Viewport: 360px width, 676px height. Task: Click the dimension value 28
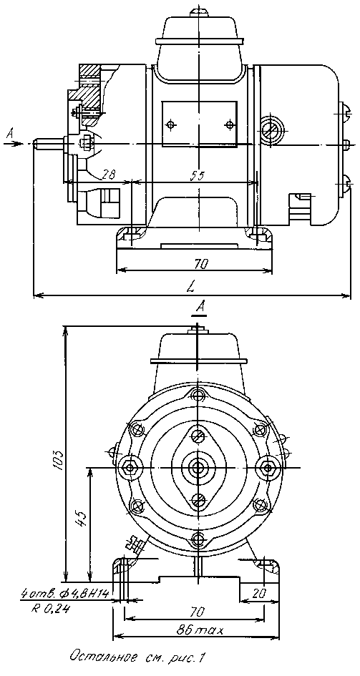[x=109, y=175]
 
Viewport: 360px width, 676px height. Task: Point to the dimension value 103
[x=59, y=461]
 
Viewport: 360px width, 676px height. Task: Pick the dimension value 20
[x=259, y=593]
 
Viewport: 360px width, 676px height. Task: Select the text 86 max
[x=200, y=631]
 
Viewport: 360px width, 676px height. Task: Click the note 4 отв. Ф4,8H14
[x=67, y=594]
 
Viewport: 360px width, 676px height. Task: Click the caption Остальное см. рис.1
[x=137, y=658]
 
